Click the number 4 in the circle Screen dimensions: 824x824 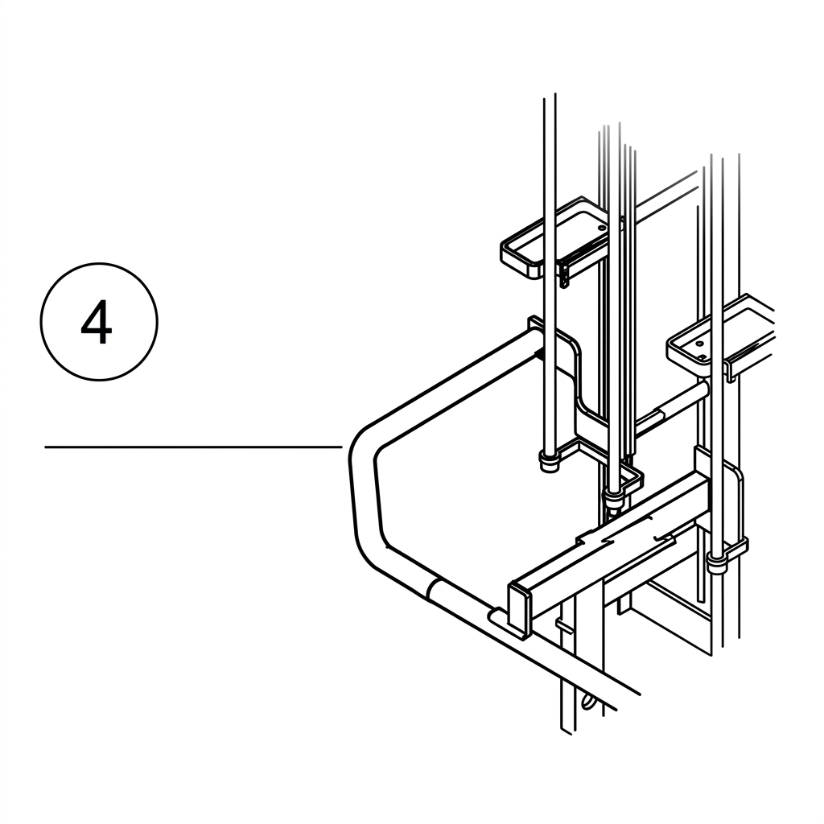(x=97, y=322)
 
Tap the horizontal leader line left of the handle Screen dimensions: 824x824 (x=193, y=447)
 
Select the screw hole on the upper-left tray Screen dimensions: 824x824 (x=600, y=229)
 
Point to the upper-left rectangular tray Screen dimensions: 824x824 (x=560, y=238)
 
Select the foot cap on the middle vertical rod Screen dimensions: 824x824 (x=612, y=497)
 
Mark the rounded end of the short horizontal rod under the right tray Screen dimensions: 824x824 (x=703, y=389)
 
